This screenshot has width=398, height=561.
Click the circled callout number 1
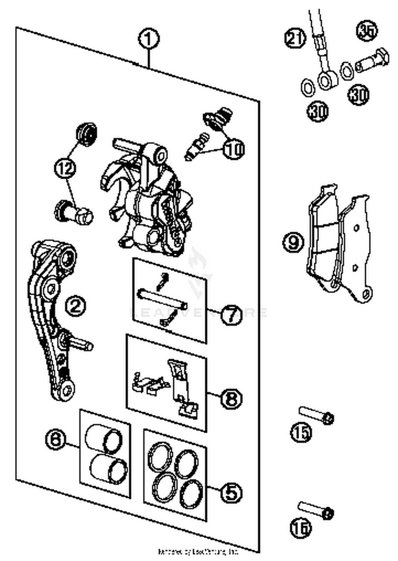pos(149,39)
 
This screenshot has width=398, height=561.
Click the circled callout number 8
pos(231,399)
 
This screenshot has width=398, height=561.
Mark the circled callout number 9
pos(293,242)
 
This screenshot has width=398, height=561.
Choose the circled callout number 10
pos(234,149)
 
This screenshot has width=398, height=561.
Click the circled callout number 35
pos(367,31)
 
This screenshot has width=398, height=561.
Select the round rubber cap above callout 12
pos(86,134)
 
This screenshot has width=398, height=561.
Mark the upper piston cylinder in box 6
pos(103,439)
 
